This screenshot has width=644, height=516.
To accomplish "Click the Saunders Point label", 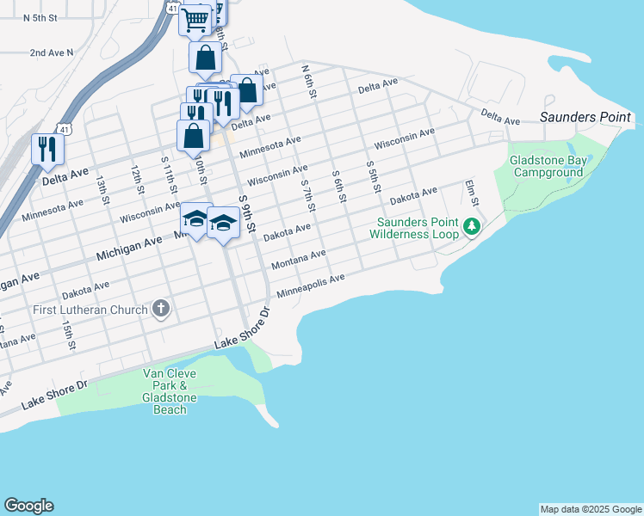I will point(585,117).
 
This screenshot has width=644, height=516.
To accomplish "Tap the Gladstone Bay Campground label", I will point(547,166).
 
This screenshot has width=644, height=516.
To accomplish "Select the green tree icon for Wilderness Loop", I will point(471,227).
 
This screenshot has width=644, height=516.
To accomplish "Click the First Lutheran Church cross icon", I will point(160,309).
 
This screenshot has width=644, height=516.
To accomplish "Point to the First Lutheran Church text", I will point(90,310).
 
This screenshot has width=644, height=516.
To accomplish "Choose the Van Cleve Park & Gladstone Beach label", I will point(170,391).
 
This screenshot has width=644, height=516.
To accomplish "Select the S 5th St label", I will point(373,176).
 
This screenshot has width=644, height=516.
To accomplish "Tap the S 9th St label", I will point(247,213).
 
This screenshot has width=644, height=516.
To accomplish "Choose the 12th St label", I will point(136,178).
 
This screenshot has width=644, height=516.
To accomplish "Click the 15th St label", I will point(66,332).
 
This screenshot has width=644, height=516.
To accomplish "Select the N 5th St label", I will point(40,17).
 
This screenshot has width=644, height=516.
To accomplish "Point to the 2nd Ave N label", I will point(52,52).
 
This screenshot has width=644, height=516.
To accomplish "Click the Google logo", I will point(28,506).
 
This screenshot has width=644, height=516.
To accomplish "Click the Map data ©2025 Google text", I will point(591,509).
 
